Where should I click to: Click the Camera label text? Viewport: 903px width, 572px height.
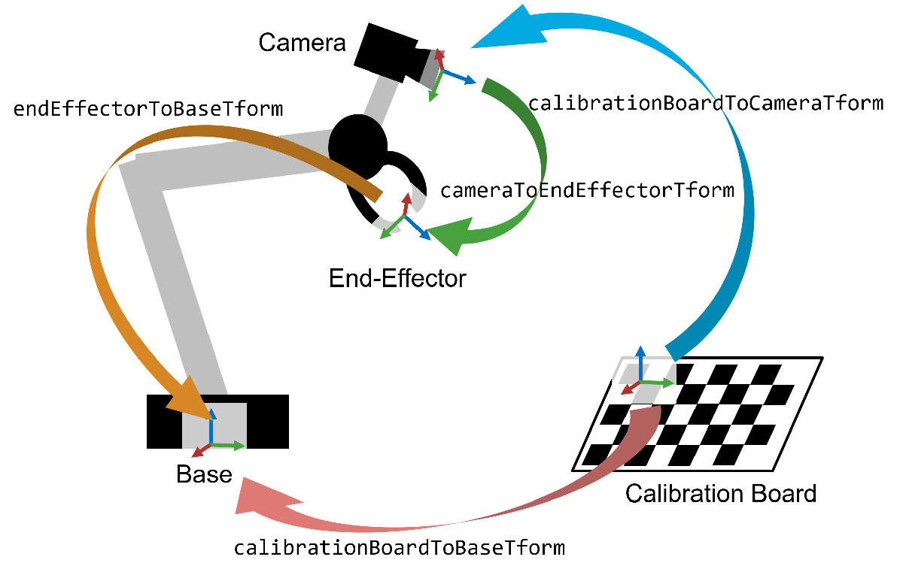click(x=302, y=42)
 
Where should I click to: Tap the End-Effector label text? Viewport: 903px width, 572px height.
click(x=397, y=279)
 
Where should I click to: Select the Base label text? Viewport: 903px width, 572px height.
click(x=204, y=474)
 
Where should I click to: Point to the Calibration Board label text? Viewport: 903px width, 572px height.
click(x=720, y=494)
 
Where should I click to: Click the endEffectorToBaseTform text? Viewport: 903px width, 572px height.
click(x=148, y=109)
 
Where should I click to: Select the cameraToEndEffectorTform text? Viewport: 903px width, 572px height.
click(x=587, y=190)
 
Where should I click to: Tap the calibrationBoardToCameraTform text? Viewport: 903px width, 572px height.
click(x=705, y=103)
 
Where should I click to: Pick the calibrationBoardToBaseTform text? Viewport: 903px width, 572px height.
click(x=399, y=547)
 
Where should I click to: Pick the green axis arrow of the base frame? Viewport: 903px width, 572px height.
click(x=230, y=446)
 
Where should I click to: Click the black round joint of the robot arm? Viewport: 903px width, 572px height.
click(x=358, y=144)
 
